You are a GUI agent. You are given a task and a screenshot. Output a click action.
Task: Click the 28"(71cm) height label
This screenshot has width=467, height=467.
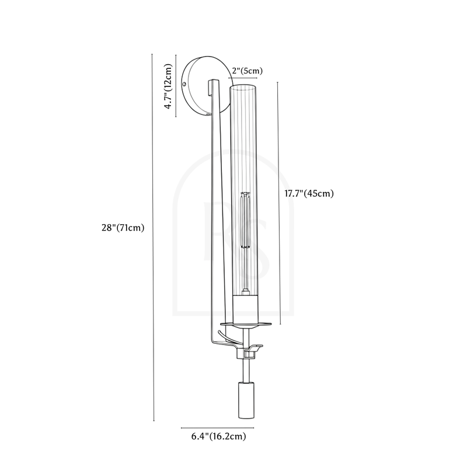coord(123,228)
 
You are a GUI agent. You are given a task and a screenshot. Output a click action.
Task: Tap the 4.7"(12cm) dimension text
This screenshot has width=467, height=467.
coord(168,86)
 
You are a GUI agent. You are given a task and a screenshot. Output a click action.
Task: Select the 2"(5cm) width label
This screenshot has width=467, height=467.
coord(247,71)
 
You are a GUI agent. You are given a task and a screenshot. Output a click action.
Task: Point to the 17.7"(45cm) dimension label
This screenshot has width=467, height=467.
coord(309,193)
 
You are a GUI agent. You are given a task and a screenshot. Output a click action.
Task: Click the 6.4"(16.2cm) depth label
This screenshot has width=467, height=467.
coord(218,436)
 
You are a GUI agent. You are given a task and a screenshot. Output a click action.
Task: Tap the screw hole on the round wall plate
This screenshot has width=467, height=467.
coord(184,84)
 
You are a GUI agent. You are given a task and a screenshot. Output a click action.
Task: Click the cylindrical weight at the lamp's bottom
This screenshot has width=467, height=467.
coord(246,400)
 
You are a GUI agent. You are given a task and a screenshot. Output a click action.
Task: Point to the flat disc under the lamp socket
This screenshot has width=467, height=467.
coord(246,324)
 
